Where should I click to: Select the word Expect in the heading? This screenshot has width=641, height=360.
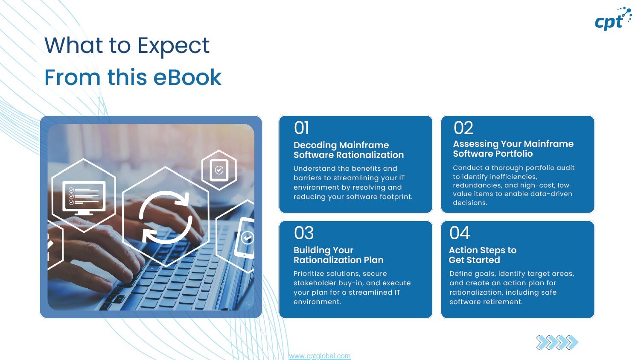point(174,45)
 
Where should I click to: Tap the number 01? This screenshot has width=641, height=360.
point(301,128)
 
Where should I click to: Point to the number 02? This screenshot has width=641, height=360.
point(463,128)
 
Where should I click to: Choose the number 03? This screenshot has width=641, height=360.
point(303,233)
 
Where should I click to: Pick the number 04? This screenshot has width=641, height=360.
point(460,233)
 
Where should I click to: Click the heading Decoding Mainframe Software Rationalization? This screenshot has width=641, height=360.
point(348,150)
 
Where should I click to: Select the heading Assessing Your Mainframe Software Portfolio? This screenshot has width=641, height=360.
point(513,149)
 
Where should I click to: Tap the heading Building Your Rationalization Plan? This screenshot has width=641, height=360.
point(338,255)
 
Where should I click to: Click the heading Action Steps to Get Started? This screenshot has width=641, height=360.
point(482,255)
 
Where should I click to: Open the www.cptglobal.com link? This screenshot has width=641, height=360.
point(319,356)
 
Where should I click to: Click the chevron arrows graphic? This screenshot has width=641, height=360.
point(557,342)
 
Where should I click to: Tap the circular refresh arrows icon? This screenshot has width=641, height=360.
point(165,217)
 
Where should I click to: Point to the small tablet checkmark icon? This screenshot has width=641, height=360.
point(219,170)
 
